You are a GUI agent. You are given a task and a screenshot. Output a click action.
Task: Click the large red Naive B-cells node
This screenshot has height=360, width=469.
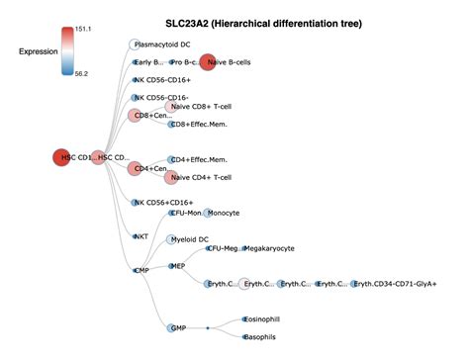208,62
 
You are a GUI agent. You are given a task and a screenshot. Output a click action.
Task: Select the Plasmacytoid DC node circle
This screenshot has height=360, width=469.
135,45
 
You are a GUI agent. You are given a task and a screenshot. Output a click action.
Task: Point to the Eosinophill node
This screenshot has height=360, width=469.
243,319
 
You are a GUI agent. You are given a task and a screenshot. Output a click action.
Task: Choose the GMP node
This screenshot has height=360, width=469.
166,327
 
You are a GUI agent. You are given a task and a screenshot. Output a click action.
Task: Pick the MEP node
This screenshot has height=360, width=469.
168,266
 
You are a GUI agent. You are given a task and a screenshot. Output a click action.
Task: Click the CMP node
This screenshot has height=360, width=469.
135,269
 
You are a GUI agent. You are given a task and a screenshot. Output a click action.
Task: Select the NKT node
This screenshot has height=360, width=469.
135,235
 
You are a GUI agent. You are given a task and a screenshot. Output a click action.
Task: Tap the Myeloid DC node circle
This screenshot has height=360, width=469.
166,239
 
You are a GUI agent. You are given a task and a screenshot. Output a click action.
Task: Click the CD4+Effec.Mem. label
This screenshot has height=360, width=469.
199,159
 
